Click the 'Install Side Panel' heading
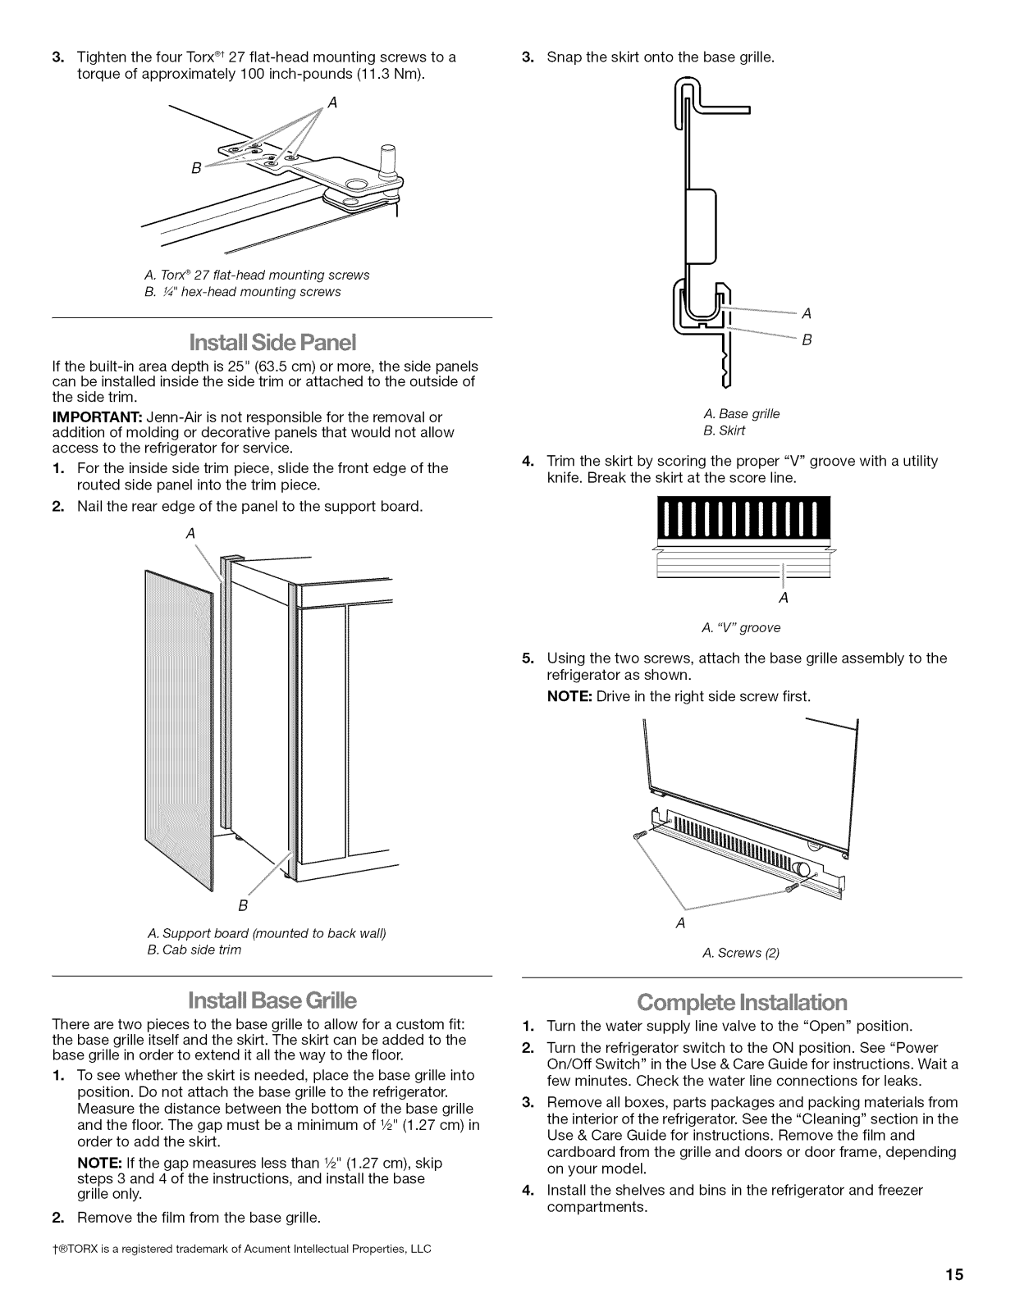(x=272, y=341)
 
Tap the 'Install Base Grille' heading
(x=272, y=1000)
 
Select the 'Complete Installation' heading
(x=742, y=1002)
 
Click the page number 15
(x=953, y=1275)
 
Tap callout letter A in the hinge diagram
(x=332, y=102)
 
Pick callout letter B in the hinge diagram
(x=196, y=168)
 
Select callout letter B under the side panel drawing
(x=243, y=906)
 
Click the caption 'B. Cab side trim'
(x=194, y=950)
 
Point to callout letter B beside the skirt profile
(x=807, y=339)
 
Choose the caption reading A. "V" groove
(x=741, y=627)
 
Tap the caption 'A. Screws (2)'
(x=741, y=952)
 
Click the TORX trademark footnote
(x=241, y=1249)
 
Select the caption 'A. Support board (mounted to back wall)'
(x=266, y=933)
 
